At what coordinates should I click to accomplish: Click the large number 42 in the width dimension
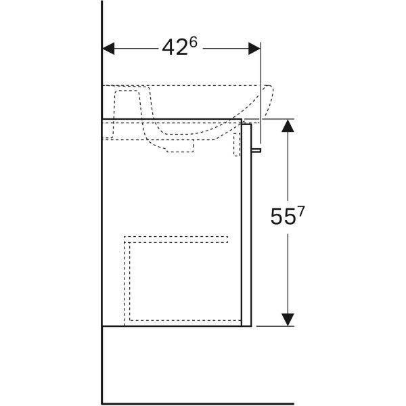point(175,47)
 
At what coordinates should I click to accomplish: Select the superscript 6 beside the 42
point(193,42)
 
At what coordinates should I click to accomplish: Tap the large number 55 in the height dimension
point(283,217)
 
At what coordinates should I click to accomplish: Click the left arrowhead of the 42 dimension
point(108,49)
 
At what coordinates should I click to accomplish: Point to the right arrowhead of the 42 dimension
point(254,49)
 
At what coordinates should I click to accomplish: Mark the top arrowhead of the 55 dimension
point(288,126)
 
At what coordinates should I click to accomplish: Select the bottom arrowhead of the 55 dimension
point(288,319)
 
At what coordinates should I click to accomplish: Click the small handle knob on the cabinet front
point(256,150)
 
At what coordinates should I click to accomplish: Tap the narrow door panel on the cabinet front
point(246,225)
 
